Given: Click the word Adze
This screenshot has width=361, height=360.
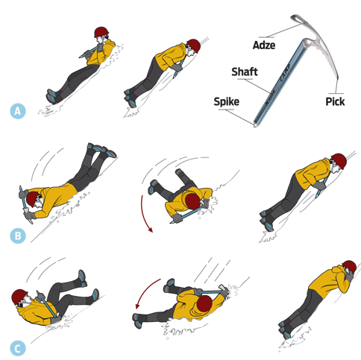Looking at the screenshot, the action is pyautogui.click(x=264, y=45).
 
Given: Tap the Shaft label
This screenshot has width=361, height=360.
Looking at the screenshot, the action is pyautogui.click(x=245, y=72).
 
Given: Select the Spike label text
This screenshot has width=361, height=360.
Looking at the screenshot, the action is pyautogui.click(x=227, y=102).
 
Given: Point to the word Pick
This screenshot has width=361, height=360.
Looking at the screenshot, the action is pyautogui.click(x=335, y=101).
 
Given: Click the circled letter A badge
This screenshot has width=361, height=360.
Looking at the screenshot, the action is pyautogui.click(x=18, y=111).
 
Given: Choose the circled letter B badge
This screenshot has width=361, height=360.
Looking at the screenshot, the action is pyautogui.click(x=18, y=236).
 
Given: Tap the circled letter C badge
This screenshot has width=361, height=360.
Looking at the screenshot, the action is pyautogui.click(x=18, y=349).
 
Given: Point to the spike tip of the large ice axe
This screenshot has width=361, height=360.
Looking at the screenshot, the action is pyautogui.click(x=255, y=124).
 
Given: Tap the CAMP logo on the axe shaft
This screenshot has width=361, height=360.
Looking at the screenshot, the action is pyautogui.click(x=285, y=73).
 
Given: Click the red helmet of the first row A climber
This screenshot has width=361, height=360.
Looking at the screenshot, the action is pyautogui.click(x=101, y=32).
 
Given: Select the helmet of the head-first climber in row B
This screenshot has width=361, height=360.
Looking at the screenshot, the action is pyautogui.click(x=31, y=199).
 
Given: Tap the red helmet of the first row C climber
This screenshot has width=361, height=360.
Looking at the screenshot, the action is pyautogui.click(x=19, y=297).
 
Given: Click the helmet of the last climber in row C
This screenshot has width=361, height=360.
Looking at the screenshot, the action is pyautogui.click(x=350, y=267).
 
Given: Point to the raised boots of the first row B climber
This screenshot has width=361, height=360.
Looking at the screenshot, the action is pyautogui.click(x=102, y=150).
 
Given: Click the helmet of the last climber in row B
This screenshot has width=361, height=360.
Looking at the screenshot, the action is pyautogui.click(x=339, y=161).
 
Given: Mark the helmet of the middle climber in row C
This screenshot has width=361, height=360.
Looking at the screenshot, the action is pyautogui.click(x=204, y=303).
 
